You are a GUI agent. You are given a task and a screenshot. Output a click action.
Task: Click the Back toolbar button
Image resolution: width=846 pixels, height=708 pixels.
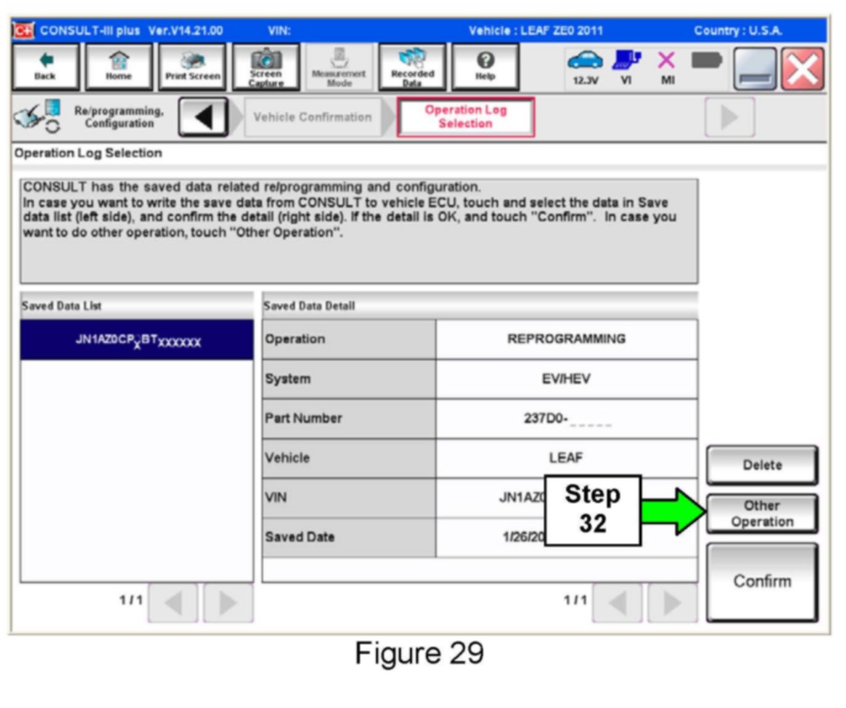(x=45, y=67)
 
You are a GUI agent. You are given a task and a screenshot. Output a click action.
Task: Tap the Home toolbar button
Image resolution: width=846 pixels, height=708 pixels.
(x=118, y=67)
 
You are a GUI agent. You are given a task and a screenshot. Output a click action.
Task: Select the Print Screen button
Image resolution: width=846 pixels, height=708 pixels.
(x=192, y=67)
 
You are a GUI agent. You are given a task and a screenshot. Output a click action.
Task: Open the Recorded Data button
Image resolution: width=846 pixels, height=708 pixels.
(x=412, y=67)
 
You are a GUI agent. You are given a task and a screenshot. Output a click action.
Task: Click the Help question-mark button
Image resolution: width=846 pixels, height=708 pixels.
(x=485, y=67)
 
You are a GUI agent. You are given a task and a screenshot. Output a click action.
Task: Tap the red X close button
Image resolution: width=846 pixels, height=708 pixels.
(x=802, y=69)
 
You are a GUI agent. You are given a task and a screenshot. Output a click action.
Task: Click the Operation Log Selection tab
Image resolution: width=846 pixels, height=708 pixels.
(x=465, y=116)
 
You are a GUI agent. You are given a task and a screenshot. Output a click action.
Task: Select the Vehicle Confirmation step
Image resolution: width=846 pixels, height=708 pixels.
(x=312, y=117)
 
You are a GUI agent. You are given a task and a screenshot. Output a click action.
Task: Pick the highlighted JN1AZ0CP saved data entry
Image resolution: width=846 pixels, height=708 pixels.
(x=137, y=340)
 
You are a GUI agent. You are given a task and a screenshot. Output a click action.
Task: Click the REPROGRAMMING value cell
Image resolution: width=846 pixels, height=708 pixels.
(x=566, y=339)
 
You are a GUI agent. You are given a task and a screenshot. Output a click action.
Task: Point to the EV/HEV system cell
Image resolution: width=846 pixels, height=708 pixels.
(x=566, y=378)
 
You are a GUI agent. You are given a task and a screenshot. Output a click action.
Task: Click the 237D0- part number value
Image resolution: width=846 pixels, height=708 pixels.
(x=566, y=418)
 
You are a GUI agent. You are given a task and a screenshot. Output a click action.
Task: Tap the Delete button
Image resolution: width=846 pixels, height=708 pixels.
(x=762, y=465)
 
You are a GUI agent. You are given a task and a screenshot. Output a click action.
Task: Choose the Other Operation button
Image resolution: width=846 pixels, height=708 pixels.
(x=762, y=513)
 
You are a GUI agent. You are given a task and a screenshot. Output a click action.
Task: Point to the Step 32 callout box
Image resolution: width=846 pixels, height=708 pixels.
(x=592, y=510)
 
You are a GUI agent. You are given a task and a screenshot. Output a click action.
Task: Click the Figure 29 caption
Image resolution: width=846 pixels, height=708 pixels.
(x=419, y=653)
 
